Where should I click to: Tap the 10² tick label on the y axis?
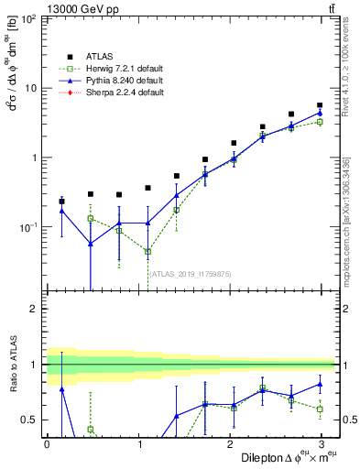pos(27,18)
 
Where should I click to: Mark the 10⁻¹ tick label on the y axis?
pos(27,226)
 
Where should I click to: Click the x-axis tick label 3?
pos(320,443)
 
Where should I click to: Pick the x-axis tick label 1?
pos(137,443)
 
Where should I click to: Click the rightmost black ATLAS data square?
pos(319,105)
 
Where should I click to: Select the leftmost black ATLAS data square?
pos(61,201)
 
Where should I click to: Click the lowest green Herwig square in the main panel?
pos(147,251)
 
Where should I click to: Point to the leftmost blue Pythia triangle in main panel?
pos(61,211)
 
